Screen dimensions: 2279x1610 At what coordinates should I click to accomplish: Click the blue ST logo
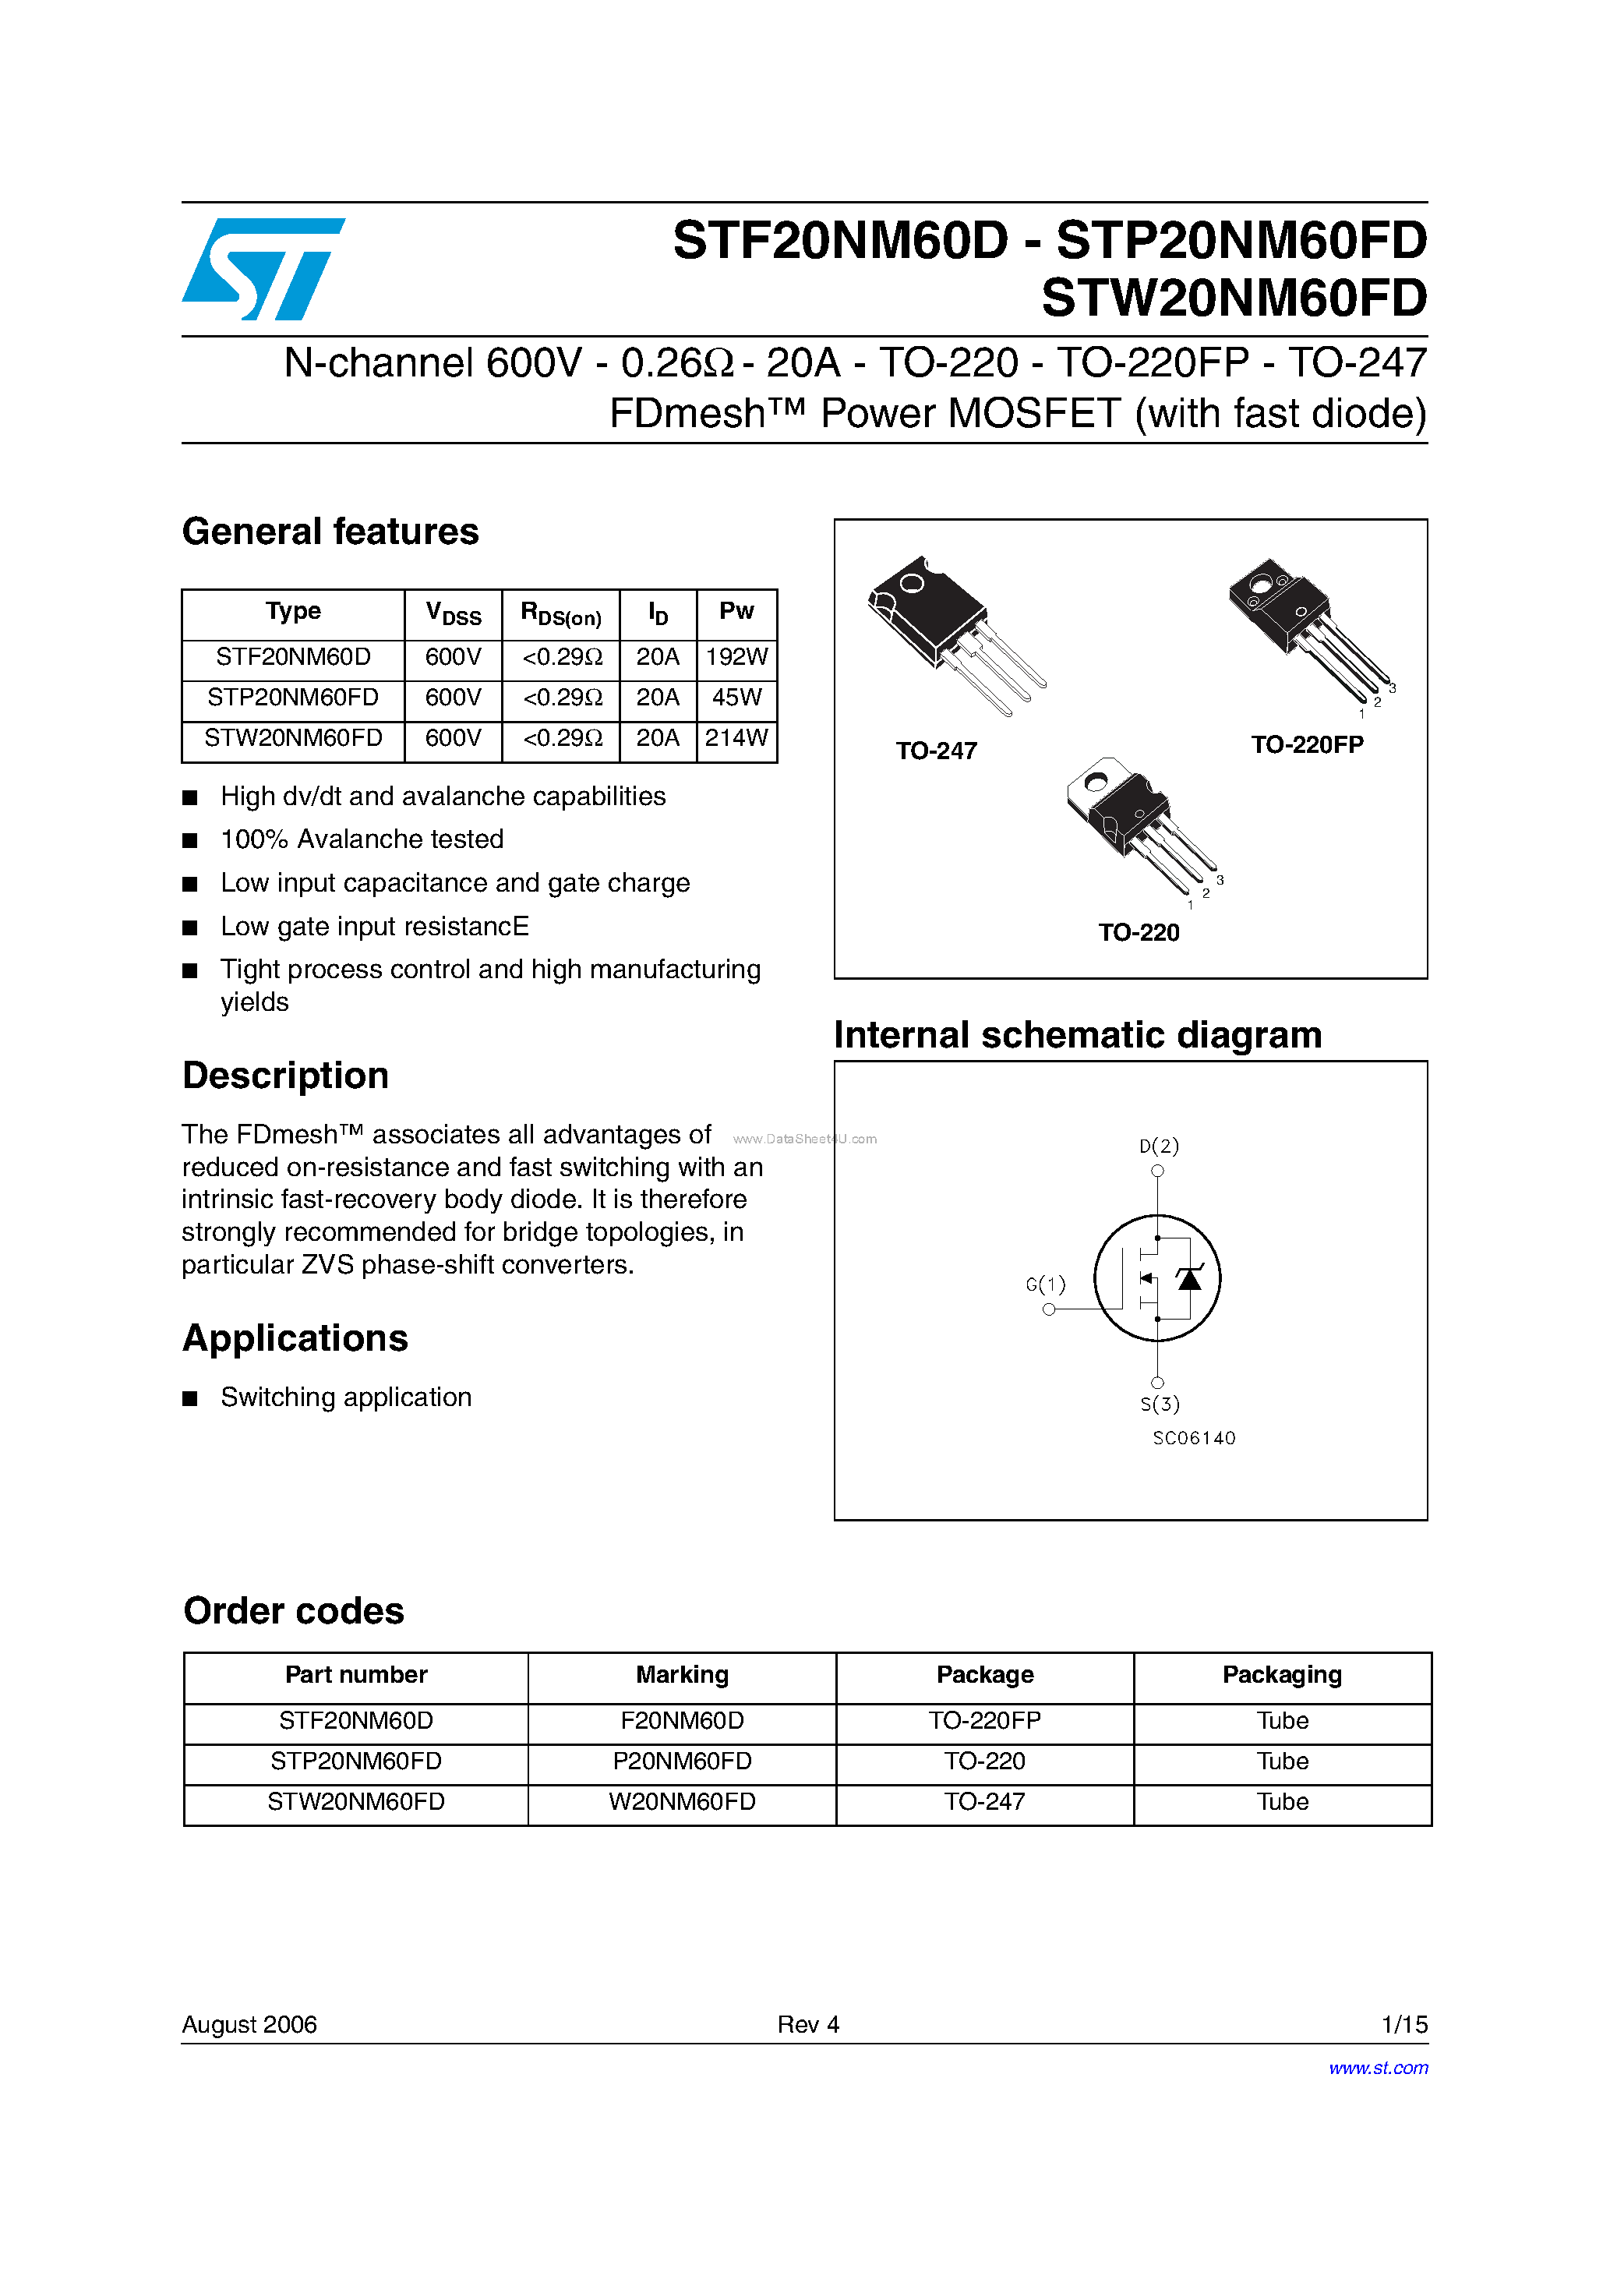263,269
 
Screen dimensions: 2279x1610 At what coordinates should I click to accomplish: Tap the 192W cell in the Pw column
736,657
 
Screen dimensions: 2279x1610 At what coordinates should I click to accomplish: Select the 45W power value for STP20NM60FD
736,698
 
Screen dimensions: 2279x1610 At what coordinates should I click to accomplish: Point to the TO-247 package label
936,751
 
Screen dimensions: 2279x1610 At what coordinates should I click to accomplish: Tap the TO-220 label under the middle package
1139,933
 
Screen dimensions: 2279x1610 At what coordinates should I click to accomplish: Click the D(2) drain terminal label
1158,1147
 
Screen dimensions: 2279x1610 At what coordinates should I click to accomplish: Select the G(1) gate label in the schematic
1045,1284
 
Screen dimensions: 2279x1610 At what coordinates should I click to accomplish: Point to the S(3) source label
1160,1404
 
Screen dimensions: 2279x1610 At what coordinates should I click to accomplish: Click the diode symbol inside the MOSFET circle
1189,1278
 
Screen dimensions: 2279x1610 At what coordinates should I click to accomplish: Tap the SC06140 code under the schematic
1194,1438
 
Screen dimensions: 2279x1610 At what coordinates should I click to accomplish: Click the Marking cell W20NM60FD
682,1801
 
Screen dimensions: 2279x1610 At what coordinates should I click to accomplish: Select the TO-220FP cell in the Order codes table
985,1720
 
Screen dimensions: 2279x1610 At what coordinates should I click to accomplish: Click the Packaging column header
1281,1674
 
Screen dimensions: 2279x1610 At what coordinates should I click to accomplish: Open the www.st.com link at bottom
1378,2068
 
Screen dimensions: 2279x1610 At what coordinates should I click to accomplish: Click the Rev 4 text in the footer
808,2024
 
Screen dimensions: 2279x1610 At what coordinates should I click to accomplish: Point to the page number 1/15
1403,2024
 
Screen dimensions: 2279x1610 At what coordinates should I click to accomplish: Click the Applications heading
295,1338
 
